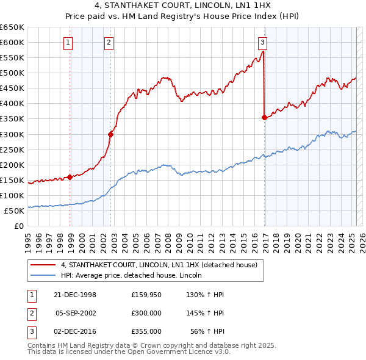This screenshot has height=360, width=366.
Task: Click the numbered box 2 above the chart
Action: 108,42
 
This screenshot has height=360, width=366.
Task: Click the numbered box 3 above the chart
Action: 262,42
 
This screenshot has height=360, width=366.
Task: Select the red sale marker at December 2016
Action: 264,117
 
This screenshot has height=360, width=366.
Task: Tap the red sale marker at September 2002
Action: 110,134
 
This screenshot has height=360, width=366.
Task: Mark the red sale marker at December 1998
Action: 70,177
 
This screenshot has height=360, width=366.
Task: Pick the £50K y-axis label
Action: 15,211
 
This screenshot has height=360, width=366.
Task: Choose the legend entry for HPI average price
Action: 131,276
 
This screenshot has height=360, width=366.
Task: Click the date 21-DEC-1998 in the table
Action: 76,295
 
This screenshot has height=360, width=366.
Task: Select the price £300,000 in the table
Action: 146,313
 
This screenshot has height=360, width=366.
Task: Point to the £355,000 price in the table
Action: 146,331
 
